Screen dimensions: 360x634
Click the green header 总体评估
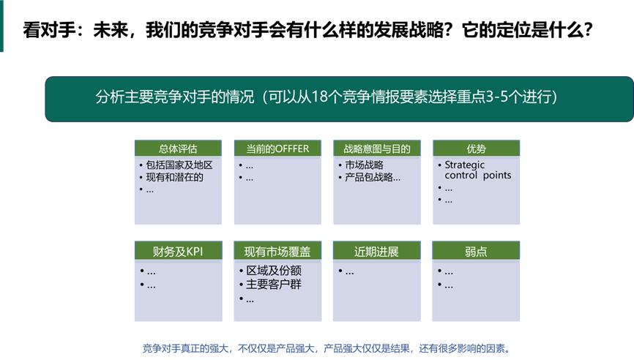click(x=178, y=149)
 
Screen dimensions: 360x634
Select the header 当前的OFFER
click(x=277, y=149)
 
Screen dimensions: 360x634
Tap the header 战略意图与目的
click(x=377, y=149)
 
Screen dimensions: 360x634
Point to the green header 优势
click(x=476, y=149)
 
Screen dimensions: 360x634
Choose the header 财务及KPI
click(x=178, y=252)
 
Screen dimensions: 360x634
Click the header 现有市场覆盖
click(x=277, y=252)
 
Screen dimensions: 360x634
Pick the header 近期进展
click(x=377, y=252)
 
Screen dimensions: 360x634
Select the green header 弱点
click(x=476, y=252)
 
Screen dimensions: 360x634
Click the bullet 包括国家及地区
click(x=179, y=165)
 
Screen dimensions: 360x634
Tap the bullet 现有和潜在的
click(x=174, y=177)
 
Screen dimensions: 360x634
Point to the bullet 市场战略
click(x=364, y=165)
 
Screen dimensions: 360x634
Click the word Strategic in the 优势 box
click(x=465, y=165)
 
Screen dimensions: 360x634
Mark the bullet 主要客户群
click(x=274, y=285)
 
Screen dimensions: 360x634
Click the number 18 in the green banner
click(x=319, y=97)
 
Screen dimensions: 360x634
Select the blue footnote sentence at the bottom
click(x=326, y=348)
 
